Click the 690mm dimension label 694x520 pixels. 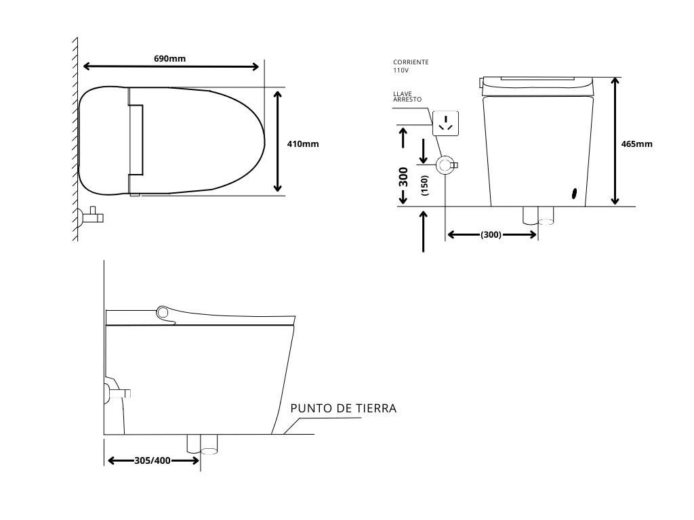point(169,58)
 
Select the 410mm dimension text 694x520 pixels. point(302,144)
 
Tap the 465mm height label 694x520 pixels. point(636,144)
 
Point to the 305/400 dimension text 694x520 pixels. point(152,460)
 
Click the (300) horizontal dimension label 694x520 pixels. point(491,235)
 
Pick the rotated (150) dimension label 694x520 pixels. point(425,186)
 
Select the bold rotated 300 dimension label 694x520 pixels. point(403,177)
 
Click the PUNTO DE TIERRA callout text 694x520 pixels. point(343,408)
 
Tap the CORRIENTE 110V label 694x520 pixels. point(410,66)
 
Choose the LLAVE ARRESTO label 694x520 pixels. point(407,96)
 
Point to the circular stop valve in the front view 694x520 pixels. point(445,165)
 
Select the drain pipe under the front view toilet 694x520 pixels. point(538,215)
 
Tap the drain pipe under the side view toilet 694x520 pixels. point(202,444)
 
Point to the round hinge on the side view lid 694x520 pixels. point(163,312)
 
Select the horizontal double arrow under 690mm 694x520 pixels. point(171,66)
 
